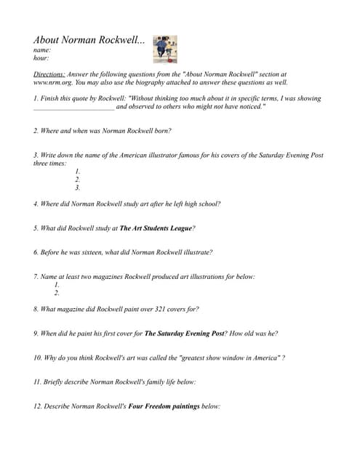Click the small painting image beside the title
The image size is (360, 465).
pyautogui.click(x=165, y=49)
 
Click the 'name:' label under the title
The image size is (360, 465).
pyautogui.click(x=42, y=50)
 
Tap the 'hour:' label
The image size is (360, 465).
pyautogui.click(x=41, y=58)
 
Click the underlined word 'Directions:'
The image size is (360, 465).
pyautogui.click(x=49, y=74)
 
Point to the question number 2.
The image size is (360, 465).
pyautogui.click(x=36, y=131)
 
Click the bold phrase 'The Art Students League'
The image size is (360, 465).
pyautogui.click(x=156, y=228)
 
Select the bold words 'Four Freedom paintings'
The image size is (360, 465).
pyautogui.click(x=161, y=406)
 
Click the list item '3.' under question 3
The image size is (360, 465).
pyautogui.click(x=78, y=187)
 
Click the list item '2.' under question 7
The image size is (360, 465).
pyautogui.click(x=57, y=293)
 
